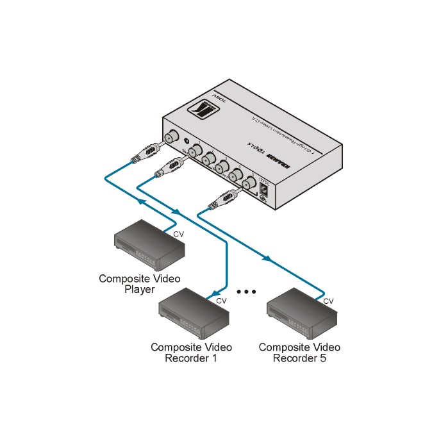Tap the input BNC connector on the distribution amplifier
(x=172, y=137)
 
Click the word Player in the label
(x=139, y=290)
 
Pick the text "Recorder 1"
(x=191, y=358)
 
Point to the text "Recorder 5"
(x=299, y=358)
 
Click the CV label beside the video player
(x=178, y=235)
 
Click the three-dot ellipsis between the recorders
(x=246, y=292)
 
